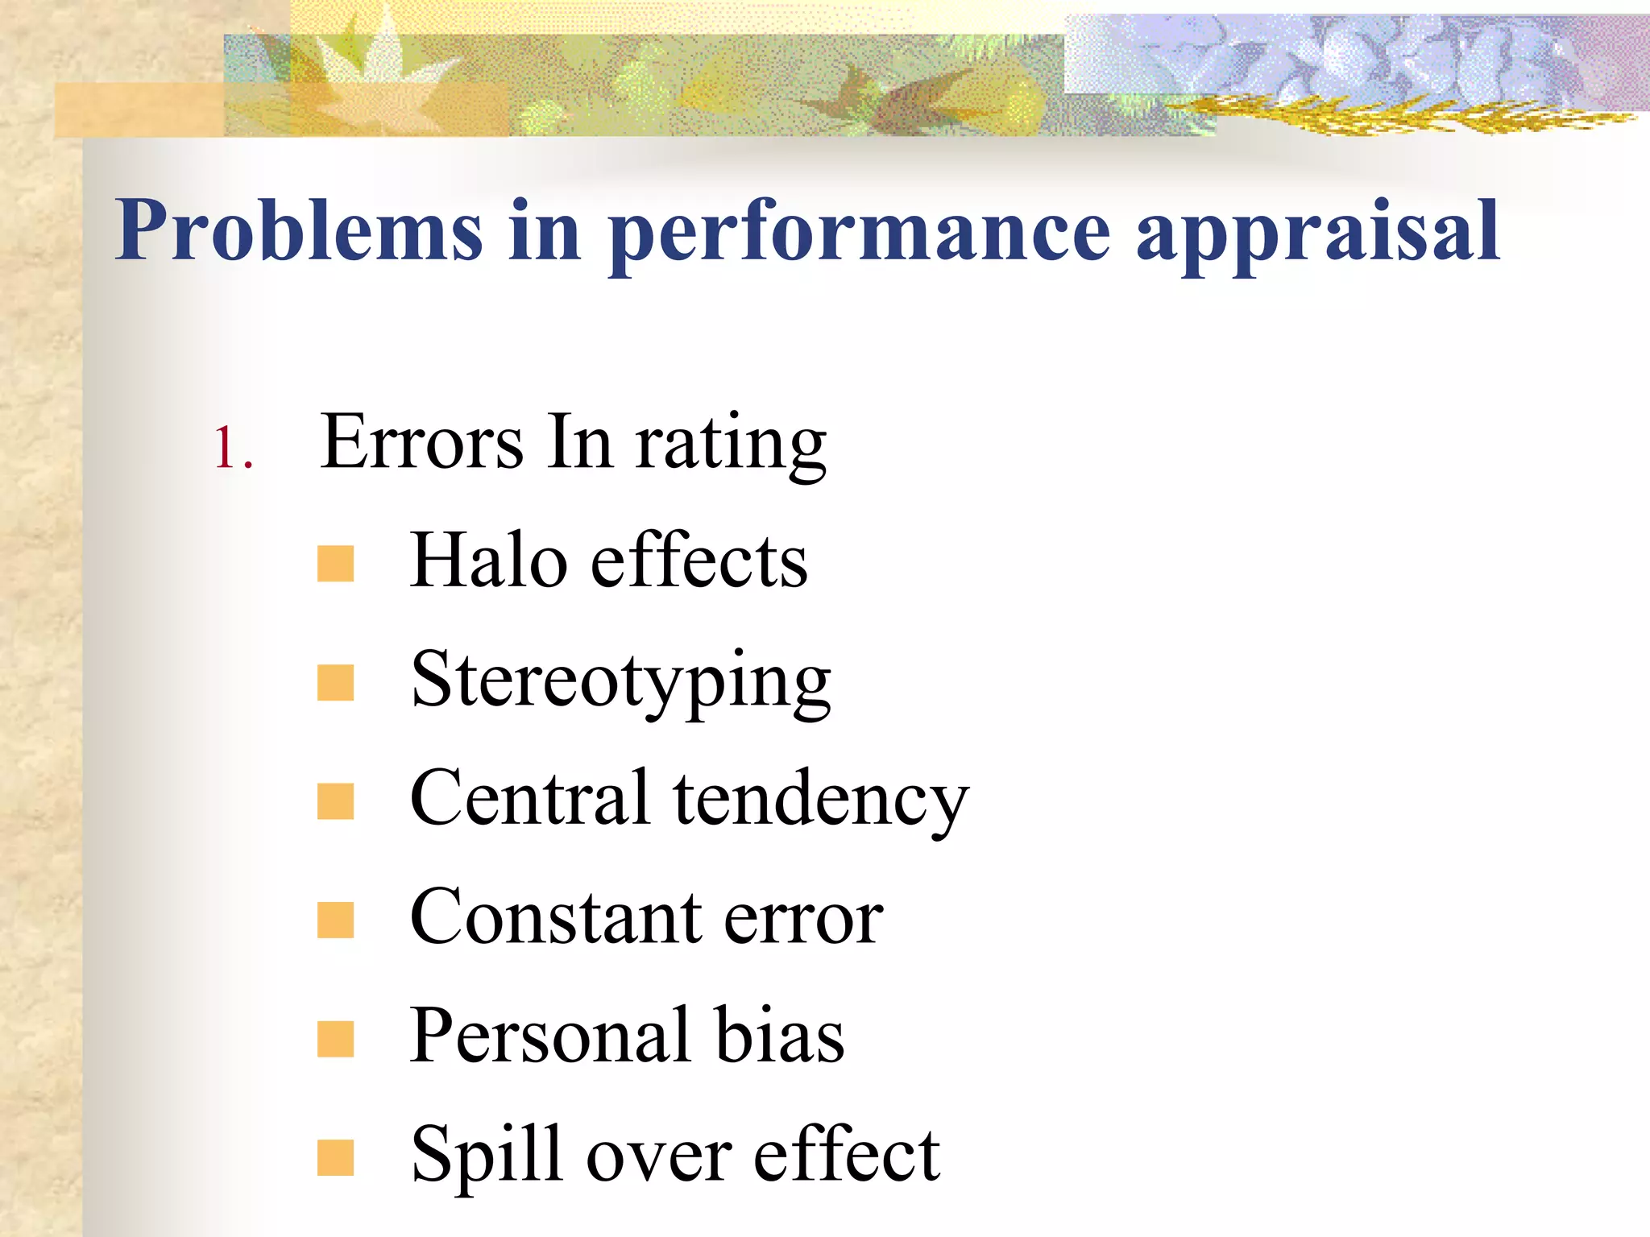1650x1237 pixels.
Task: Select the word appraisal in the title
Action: (x=1318, y=234)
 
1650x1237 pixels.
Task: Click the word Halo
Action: (x=488, y=561)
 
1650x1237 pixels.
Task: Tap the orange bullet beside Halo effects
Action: (x=335, y=564)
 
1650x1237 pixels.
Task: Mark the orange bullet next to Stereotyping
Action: (x=335, y=683)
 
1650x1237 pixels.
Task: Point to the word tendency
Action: (x=821, y=801)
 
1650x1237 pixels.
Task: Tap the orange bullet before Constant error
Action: (x=335, y=921)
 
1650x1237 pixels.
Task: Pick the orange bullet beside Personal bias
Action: (x=335, y=1039)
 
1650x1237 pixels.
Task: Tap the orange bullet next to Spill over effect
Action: (x=335, y=1157)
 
